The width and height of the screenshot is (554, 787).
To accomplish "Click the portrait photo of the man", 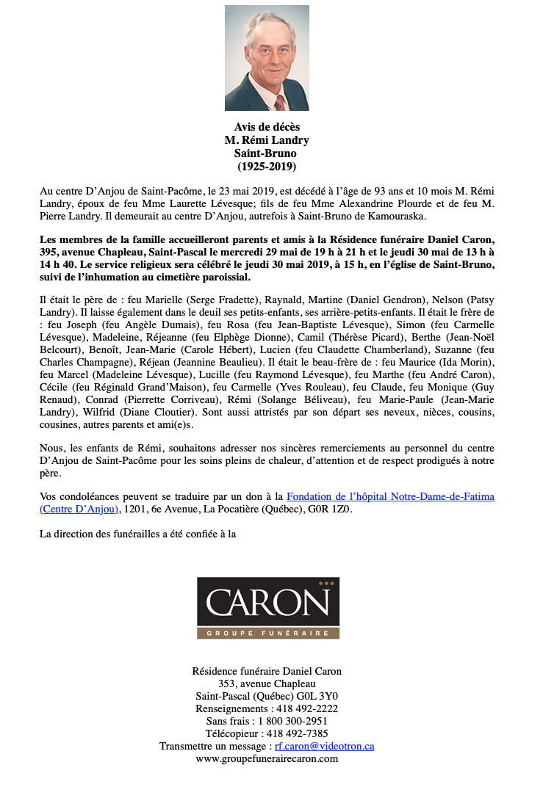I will click(x=267, y=57).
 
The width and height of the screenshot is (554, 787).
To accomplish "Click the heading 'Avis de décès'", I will click(x=267, y=127).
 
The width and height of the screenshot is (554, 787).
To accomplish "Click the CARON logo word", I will click(x=267, y=603).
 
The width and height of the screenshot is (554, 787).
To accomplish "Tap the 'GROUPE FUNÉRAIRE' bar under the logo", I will click(x=267, y=633).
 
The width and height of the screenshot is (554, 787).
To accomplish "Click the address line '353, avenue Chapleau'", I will click(x=267, y=683).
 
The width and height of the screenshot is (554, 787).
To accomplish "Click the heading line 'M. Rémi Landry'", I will click(x=267, y=140).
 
